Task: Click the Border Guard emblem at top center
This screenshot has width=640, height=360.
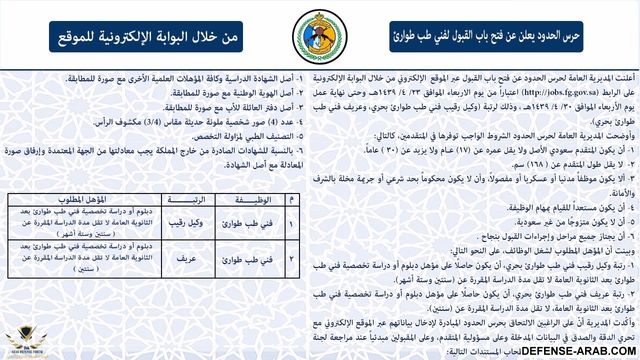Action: coord(319,36)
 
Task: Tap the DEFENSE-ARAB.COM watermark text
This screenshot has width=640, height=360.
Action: coord(578,351)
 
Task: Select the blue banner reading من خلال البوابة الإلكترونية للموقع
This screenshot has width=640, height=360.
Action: coord(146,36)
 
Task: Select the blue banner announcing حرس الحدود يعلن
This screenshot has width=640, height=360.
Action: coord(486,36)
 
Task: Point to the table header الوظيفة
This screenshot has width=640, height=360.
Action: coord(249,199)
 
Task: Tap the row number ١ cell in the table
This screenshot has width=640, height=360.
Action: coord(292,222)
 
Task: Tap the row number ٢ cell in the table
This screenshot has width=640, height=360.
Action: coord(292,258)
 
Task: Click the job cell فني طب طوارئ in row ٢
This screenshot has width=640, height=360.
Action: coord(249,258)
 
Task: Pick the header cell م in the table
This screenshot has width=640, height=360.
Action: coord(292,199)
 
